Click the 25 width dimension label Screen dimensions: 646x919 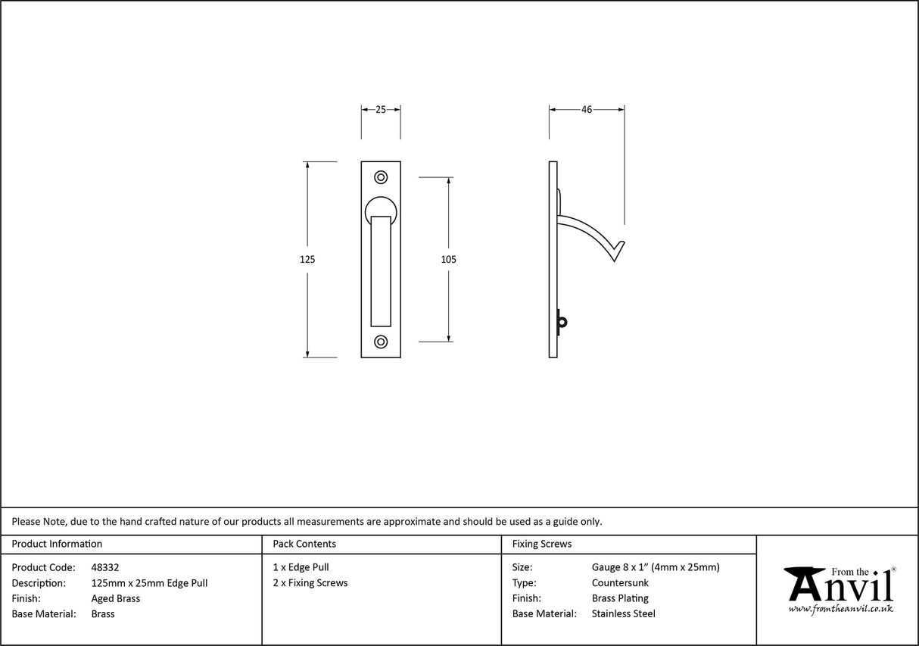coord(381,110)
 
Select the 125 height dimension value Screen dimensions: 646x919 coord(307,259)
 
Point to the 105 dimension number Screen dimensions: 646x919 coord(448,259)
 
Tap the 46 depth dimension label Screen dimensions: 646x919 coord(587,110)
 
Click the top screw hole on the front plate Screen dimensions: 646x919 coord(381,177)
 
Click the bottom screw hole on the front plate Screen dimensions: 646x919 coord(381,342)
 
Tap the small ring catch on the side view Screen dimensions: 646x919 coord(561,322)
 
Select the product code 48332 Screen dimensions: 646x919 coord(104,567)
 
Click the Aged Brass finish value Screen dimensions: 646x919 coord(115,598)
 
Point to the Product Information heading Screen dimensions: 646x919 coord(57,544)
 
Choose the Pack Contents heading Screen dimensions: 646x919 coord(304,544)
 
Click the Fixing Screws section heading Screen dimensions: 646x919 coord(542,544)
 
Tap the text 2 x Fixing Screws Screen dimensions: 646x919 coord(310,583)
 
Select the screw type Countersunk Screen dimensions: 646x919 coord(620,583)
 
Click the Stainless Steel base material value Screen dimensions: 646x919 coord(623,614)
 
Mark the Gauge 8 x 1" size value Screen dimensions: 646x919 coord(656,567)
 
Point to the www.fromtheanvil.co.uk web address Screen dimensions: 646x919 coord(840,609)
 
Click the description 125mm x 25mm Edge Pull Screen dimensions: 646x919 coord(149,583)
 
